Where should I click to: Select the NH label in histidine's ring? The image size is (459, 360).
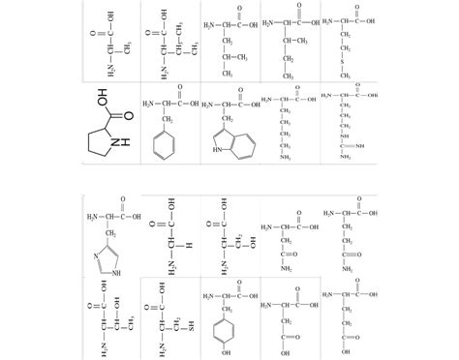click(x=116, y=271)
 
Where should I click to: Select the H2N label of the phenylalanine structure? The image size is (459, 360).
click(x=148, y=104)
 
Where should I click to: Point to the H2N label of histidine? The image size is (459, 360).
click(x=94, y=216)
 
